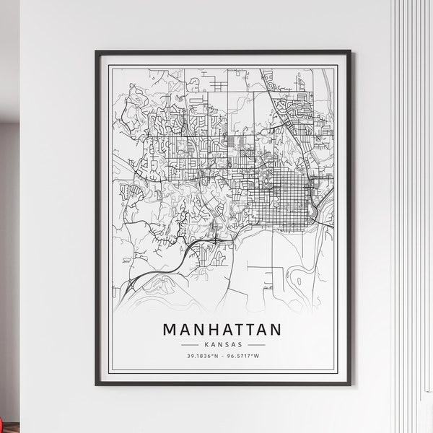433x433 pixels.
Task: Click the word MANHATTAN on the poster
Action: click(x=222, y=330)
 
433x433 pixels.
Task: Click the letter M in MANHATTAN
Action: click(x=170, y=330)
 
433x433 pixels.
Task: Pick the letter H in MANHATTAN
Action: click(x=209, y=330)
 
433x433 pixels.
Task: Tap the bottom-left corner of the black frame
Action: click(x=97, y=385)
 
